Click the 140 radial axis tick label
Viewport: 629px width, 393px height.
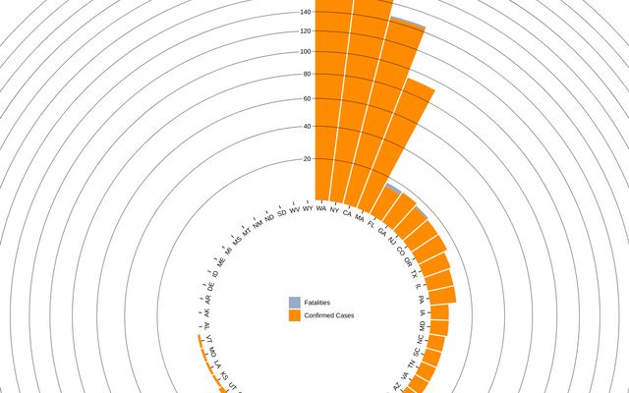click(x=305, y=12)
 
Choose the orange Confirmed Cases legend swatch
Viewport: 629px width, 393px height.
click(x=294, y=315)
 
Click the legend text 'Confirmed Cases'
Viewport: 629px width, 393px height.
click(x=329, y=315)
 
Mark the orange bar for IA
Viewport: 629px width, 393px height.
click(x=438, y=311)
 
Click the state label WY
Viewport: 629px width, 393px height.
click(x=308, y=208)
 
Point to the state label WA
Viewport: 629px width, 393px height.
click(x=320, y=208)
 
